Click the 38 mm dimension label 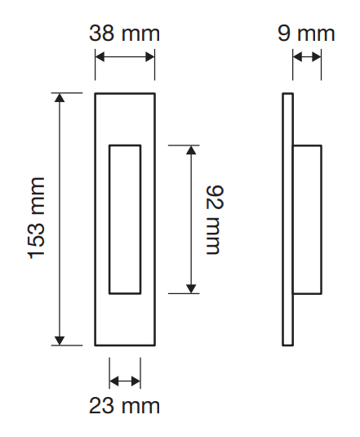pyautogui.click(x=124, y=33)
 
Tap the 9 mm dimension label pyautogui.click(x=306, y=33)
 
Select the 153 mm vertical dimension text pyautogui.click(x=36, y=218)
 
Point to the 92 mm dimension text pyautogui.click(x=215, y=220)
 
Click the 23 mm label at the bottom pyautogui.click(x=124, y=405)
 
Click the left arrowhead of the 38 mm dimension pyautogui.click(x=100, y=56)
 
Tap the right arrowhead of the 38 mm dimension pyautogui.click(x=150, y=56)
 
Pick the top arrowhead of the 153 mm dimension pyautogui.click(x=60, y=98)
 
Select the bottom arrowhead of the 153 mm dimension pyautogui.click(x=60, y=341)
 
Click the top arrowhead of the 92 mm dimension pyautogui.click(x=191, y=150)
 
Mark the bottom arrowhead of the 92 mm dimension pyautogui.click(x=191, y=288)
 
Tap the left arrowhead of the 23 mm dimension pyautogui.click(x=114, y=381)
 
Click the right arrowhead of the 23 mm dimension pyautogui.click(x=136, y=381)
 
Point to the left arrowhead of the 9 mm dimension pyautogui.click(x=298, y=56)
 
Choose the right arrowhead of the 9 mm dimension pyautogui.click(x=317, y=56)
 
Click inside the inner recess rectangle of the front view pyautogui.click(x=125, y=220)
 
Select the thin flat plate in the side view pyautogui.click(x=287, y=220)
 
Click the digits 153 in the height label pyautogui.click(x=36, y=238)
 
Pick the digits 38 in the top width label pyautogui.click(x=101, y=33)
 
